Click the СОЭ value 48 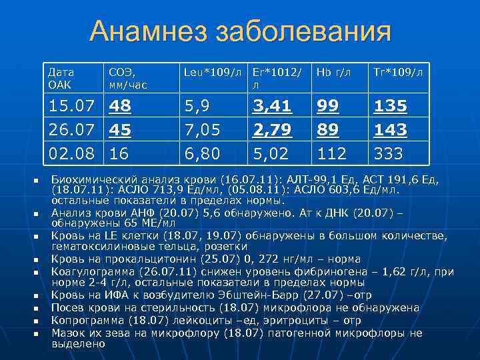tap(121, 107)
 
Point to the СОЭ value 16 tap(121, 154)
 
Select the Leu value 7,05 tap(202, 130)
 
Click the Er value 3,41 tap(271, 107)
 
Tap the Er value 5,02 tap(271, 154)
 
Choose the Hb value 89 tap(328, 130)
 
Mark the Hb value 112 tap(332, 154)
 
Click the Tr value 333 tap(389, 154)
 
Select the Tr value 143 tap(391, 130)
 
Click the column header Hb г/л tap(333, 71)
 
